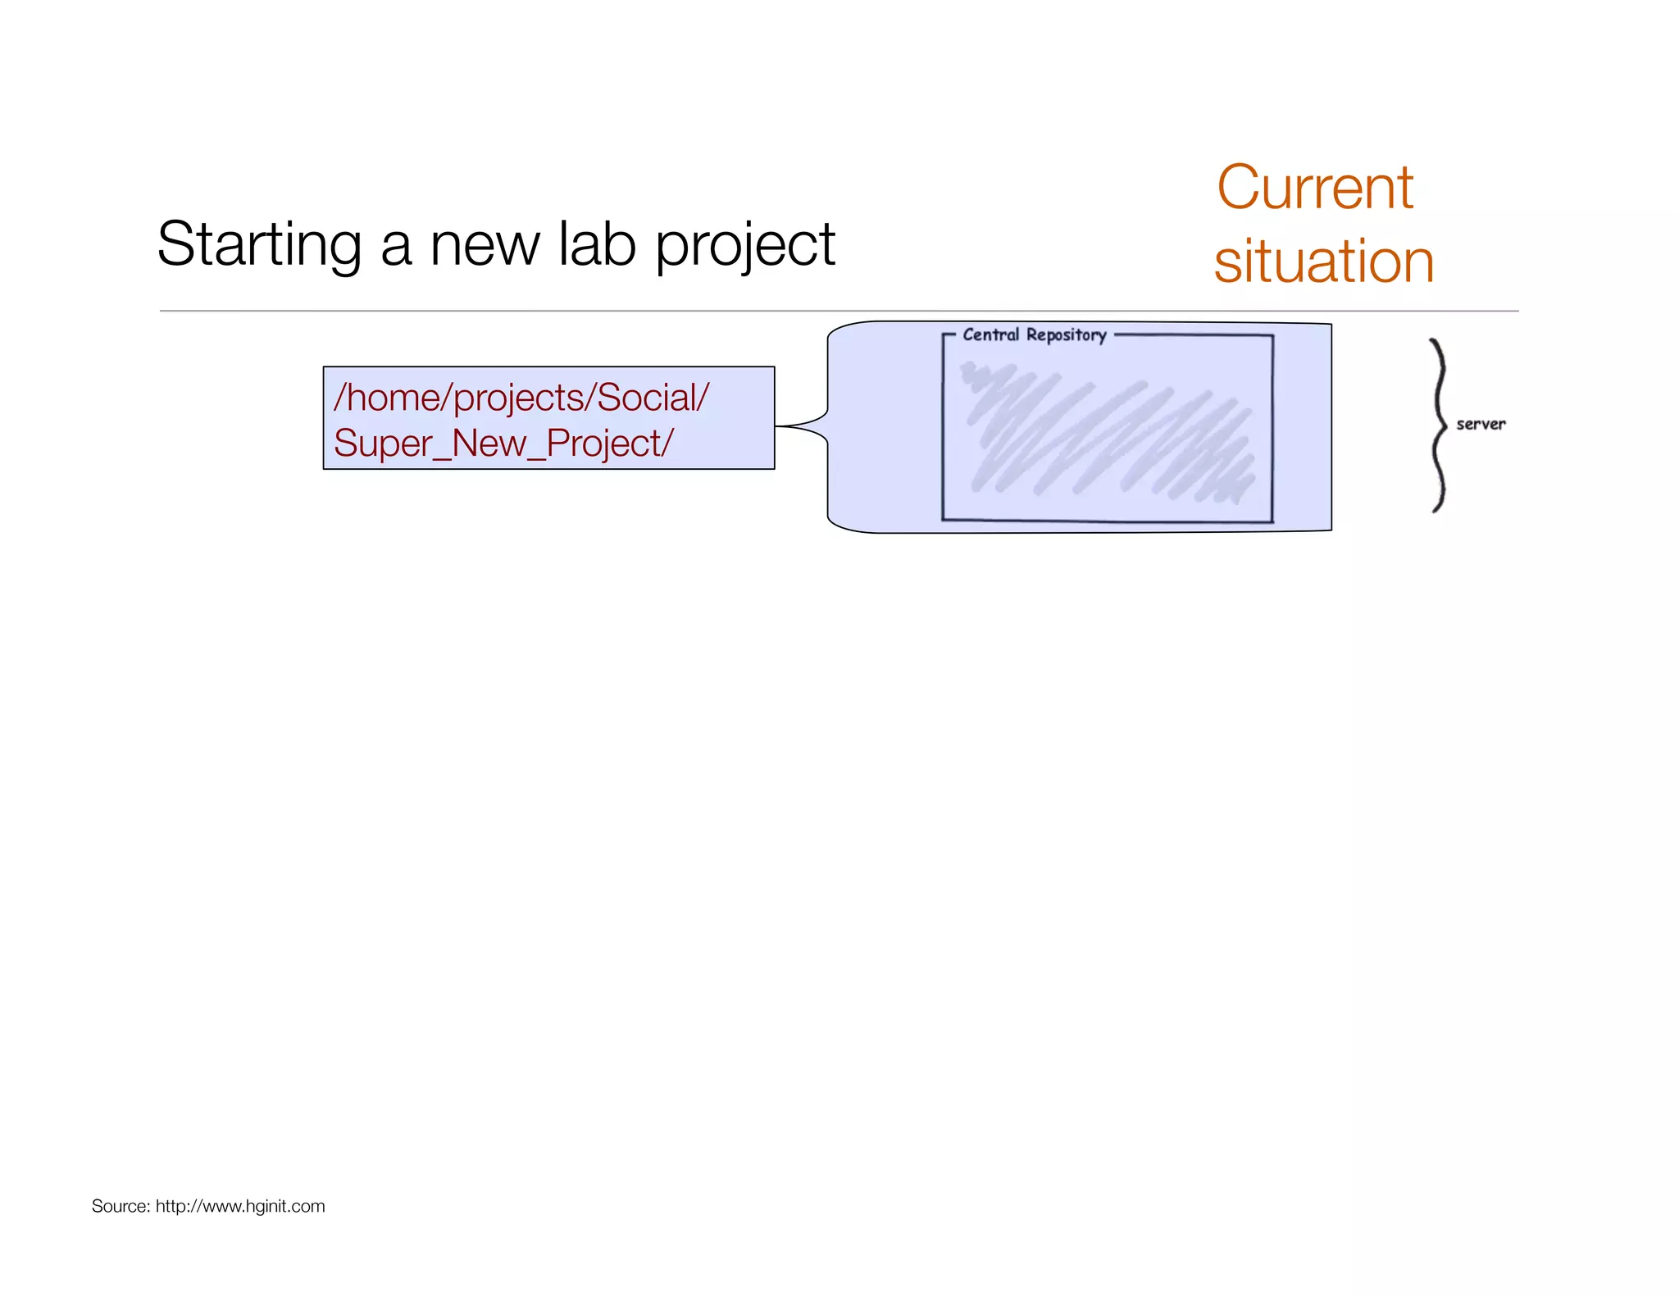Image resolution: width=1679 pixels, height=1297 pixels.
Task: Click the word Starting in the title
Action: pyautogui.click(x=259, y=244)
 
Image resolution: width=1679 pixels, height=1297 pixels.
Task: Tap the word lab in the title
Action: pyautogui.click(x=597, y=244)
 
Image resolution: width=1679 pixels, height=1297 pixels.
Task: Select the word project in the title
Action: pyautogui.click(x=744, y=244)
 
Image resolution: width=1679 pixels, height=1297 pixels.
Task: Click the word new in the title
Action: pyautogui.click(x=485, y=244)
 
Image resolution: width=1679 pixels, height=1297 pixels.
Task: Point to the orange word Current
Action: pyautogui.click(x=1314, y=188)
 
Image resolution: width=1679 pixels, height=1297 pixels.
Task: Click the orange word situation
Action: pyautogui.click(x=1323, y=261)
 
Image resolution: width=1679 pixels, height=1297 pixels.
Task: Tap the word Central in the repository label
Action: pyautogui.click(x=990, y=334)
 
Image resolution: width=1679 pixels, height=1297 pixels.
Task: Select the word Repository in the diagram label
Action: pyautogui.click(x=1066, y=334)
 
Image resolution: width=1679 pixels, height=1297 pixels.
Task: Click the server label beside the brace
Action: pyautogui.click(x=1480, y=424)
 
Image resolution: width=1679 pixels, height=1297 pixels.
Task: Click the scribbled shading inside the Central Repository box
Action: pyautogui.click(x=1107, y=435)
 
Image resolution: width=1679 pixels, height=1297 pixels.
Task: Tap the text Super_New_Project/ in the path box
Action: pyautogui.click(x=503, y=444)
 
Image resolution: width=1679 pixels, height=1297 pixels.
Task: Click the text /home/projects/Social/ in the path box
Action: pyautogui.click(x=521, y=398)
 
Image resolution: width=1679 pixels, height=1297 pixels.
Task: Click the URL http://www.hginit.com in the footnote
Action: pyautogui.click(x=240, y=1206)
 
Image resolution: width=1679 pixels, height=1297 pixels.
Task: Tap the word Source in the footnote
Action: pyautogui.click(x=120, y=1206)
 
